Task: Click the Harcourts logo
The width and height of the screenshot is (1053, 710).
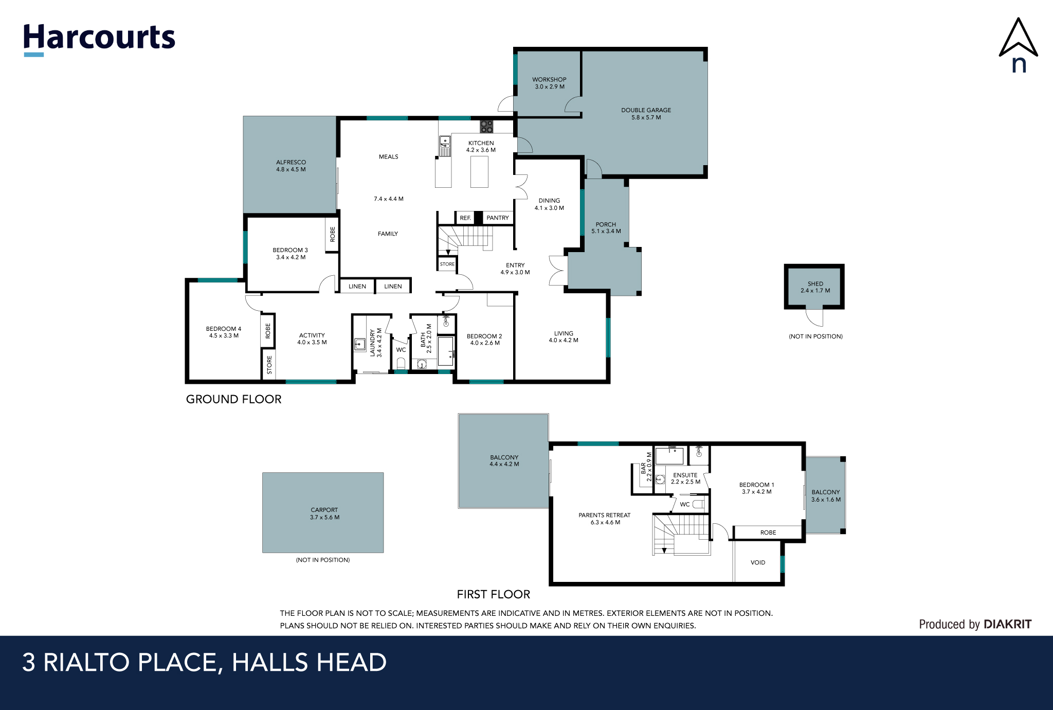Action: click(99, 39)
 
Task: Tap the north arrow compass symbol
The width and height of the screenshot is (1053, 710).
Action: click(1018, 45)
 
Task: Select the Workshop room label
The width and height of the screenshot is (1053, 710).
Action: click(549, 80)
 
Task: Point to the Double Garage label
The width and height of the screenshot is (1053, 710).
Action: click(646, 110)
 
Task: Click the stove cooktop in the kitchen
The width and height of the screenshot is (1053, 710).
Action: click(486, 126)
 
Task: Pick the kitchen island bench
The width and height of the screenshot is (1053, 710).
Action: click(479, 172)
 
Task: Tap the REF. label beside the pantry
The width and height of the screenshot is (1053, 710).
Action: click(465, 218)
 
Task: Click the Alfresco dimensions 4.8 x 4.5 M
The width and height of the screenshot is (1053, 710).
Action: click(291, 170)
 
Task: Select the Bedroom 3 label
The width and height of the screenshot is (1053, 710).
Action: click(291, 251)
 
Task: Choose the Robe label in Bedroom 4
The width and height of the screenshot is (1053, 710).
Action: click(268, 331)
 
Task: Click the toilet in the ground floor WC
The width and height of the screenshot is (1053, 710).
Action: click(401, 363)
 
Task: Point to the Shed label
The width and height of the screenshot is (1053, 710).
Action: click(815, 284)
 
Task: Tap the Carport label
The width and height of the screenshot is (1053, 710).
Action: click(324, 510)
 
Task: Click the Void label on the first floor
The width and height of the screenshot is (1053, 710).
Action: click(758, 563)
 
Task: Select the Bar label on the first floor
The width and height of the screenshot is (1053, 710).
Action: click(643, 468)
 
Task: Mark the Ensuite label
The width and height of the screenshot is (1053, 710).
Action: click(685, 475)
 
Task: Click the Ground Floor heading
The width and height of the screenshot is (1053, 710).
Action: click(234, 400)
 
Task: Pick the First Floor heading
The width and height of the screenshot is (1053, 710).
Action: click(494, 595)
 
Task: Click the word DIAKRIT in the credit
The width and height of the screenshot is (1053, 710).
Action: click(1008, 625)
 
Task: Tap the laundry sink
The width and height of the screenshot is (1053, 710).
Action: click(360, 344)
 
